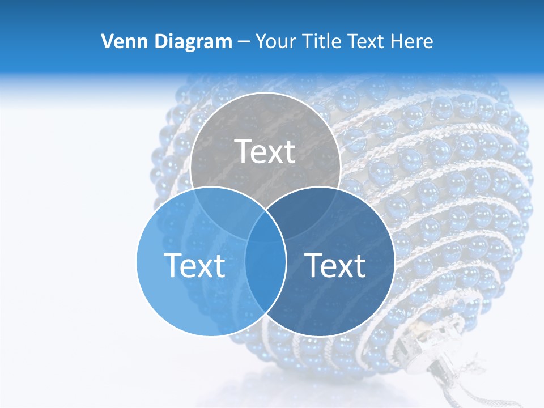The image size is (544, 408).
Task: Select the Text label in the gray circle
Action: coord(265,151)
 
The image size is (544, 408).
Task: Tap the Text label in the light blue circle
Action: coord(194,265)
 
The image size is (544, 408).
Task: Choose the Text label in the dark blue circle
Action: coord(335,265)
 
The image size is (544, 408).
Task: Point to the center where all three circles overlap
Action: coord(265,227)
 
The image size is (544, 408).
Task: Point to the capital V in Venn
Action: coord(107,41)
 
